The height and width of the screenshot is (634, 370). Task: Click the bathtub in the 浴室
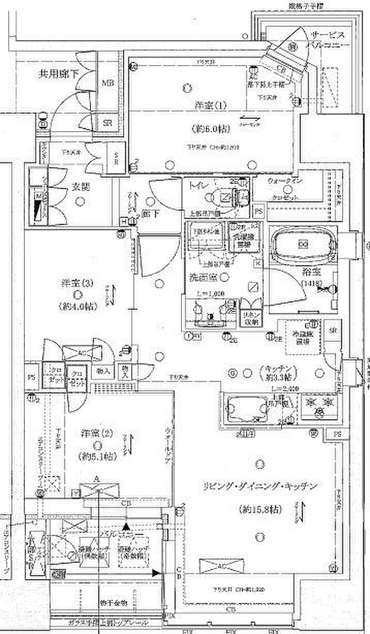coord(302,245)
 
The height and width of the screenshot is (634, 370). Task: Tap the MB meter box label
coord(108,83)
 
